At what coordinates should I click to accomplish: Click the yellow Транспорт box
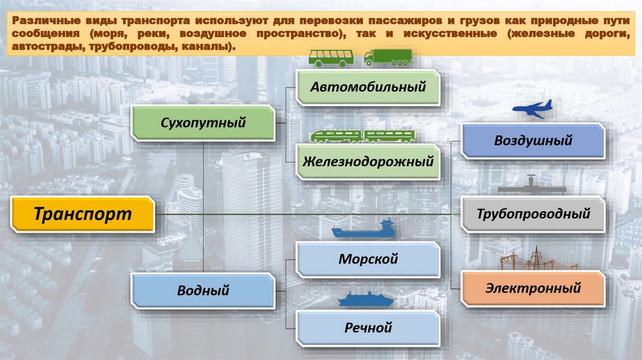coord(82,214)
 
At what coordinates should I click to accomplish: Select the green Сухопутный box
coord(203,122)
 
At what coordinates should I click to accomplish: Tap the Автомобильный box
coord(368,87)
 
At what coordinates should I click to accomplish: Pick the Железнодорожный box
coord(368,161)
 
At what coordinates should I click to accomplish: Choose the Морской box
coord(368,259)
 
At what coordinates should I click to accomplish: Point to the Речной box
coord(368,327)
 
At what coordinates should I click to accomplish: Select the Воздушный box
coord(533,140)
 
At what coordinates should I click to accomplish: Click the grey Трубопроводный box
coord(533,214)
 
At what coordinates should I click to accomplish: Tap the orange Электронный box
coord(533,289)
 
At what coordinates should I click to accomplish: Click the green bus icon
coord(330,58)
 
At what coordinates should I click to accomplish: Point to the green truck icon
coord(387,57)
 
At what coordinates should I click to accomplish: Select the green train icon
coord(362,135)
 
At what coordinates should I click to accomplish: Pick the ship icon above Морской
coord(364,230)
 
